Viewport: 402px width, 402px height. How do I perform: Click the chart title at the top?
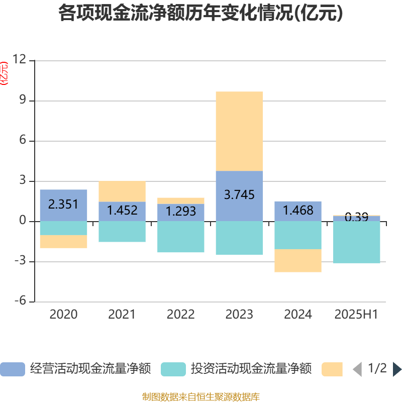click(200, 14)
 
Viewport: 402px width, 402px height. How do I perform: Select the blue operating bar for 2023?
click(239, 196)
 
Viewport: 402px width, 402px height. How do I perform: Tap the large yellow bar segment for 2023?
click(239, 131)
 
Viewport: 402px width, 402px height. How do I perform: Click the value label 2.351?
click(63, 204)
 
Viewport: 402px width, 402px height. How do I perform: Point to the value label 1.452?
click(122, 210)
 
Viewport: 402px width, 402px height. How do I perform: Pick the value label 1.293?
click(181, 212)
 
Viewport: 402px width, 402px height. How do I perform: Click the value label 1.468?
click(298, 210)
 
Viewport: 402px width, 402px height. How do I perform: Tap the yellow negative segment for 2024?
click(298, 260)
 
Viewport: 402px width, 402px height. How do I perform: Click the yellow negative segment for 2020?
click(63, 242)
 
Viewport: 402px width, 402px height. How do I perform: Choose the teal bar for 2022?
click(181, 237)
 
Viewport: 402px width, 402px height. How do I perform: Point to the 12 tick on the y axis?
click(20, 60)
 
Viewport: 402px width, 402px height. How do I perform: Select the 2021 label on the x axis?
click(122, 315)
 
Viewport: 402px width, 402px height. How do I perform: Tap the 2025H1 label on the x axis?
click(356, 315)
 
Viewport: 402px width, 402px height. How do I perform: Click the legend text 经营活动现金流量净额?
click(90, 369)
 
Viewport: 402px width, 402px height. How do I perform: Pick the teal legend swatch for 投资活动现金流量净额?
click(173, 369)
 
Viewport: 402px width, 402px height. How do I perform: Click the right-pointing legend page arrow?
click(397, 369)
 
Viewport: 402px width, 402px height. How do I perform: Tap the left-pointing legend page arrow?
click(357, 369)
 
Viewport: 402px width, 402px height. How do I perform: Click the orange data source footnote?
click(200, 397)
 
